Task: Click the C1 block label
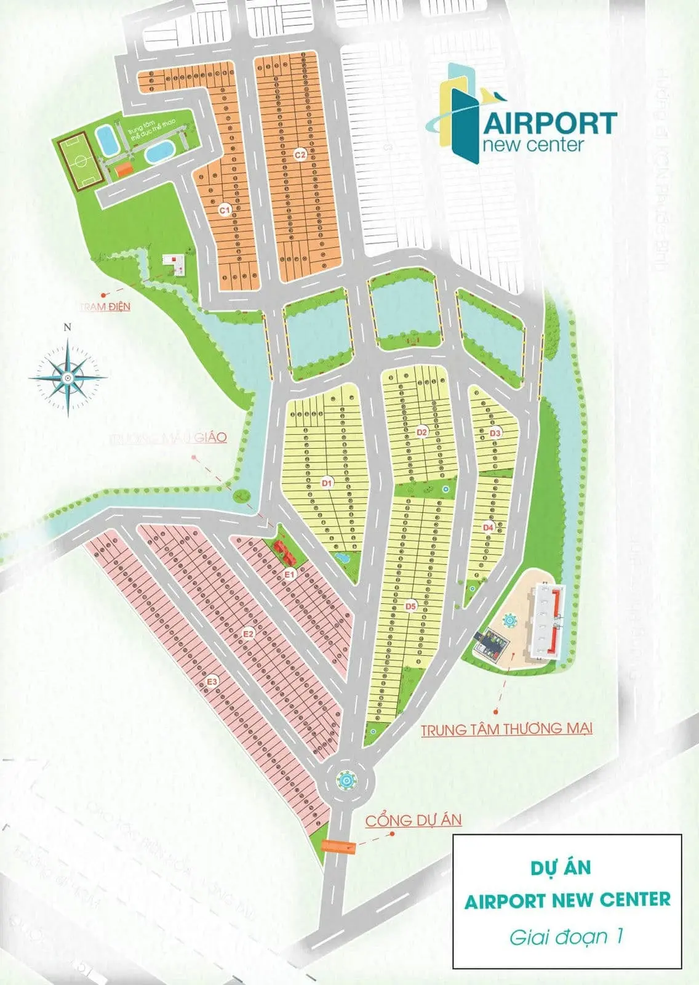point(225,210)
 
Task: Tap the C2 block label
point(300,155)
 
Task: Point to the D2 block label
point(421,432)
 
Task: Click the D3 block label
point(495,433)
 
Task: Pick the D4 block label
point(488,527)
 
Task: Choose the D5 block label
point(410,607)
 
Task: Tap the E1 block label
point(290,574)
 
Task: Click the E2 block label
point(249,633)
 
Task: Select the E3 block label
point(212,681)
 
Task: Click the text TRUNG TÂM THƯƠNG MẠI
point(506,729)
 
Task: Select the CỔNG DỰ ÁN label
point(413,821)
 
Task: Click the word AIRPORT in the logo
point(550,124)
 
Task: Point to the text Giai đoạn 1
point(566,937)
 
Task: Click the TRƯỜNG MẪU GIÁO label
point(167,438)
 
